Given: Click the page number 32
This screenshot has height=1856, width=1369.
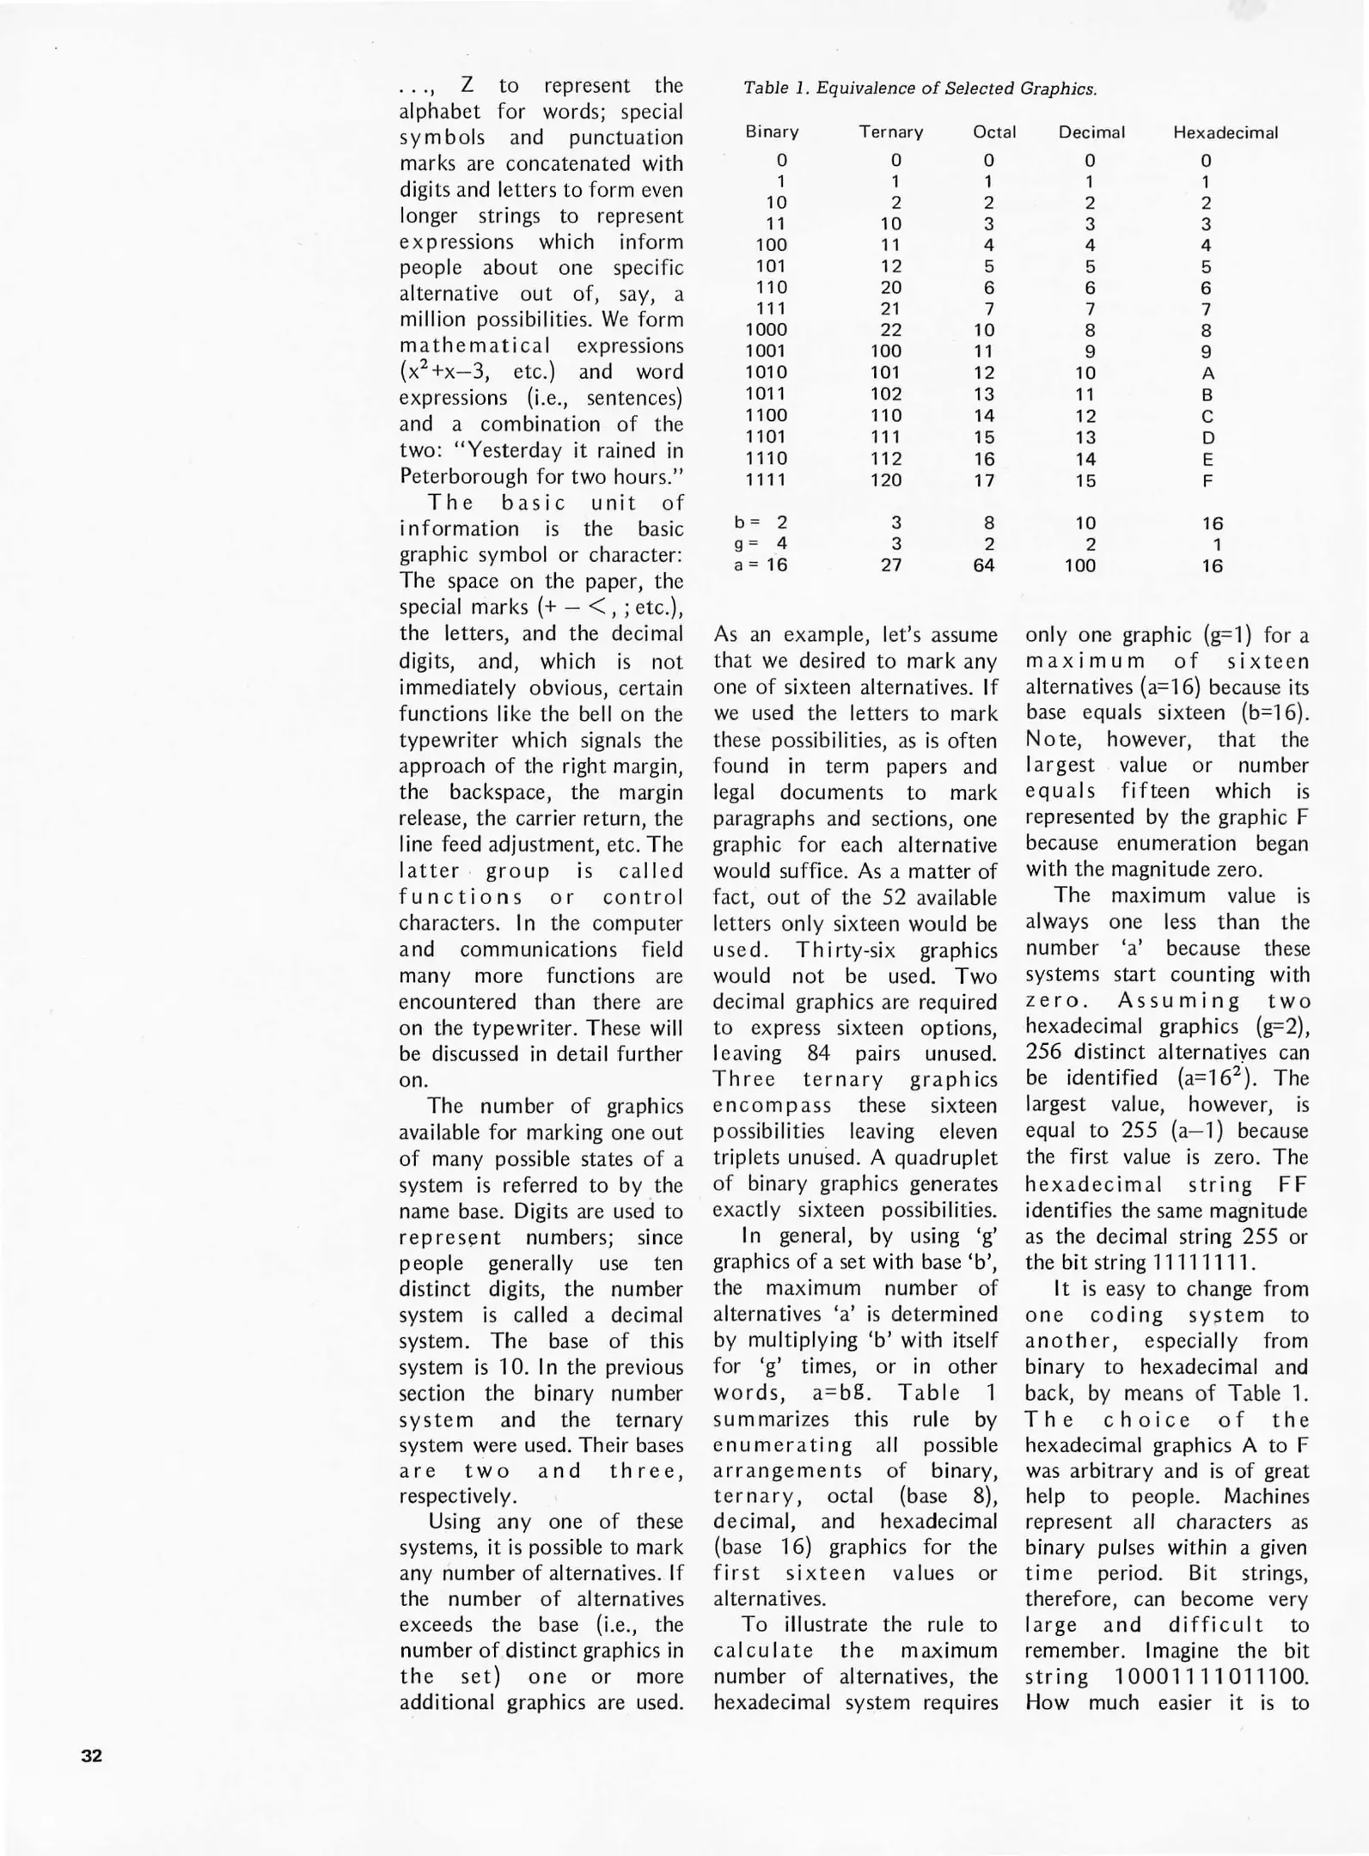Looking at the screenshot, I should (92, 1755).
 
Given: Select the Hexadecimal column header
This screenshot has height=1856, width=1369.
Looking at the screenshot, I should (1225, 133).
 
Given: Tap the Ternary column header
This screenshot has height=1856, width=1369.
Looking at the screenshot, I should (891, 132).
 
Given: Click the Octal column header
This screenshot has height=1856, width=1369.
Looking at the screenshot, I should (994, 132).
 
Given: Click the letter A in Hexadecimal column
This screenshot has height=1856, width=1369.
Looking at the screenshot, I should (1207, 374).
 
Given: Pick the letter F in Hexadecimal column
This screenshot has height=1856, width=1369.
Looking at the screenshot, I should (1207, 481).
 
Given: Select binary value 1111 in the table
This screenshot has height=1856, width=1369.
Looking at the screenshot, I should (766, 480).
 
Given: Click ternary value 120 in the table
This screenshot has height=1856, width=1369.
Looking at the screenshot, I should (886, 480).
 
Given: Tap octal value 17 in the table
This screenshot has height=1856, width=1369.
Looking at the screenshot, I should (984, 480).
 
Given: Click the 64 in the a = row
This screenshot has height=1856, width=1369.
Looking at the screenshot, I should (984, 565).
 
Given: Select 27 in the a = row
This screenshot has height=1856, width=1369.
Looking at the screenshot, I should (892, 565).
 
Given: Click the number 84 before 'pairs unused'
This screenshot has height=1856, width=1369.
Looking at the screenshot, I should (818, 1053).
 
